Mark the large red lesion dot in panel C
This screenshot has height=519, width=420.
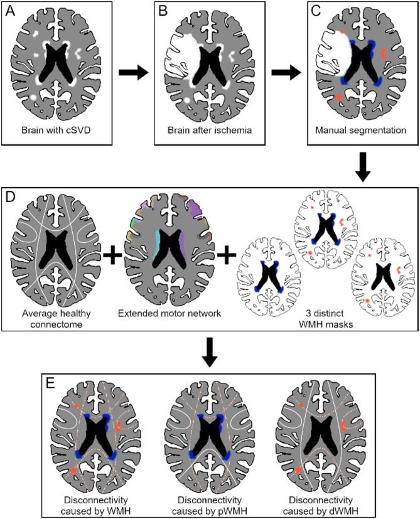click(x=338, y=97)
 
